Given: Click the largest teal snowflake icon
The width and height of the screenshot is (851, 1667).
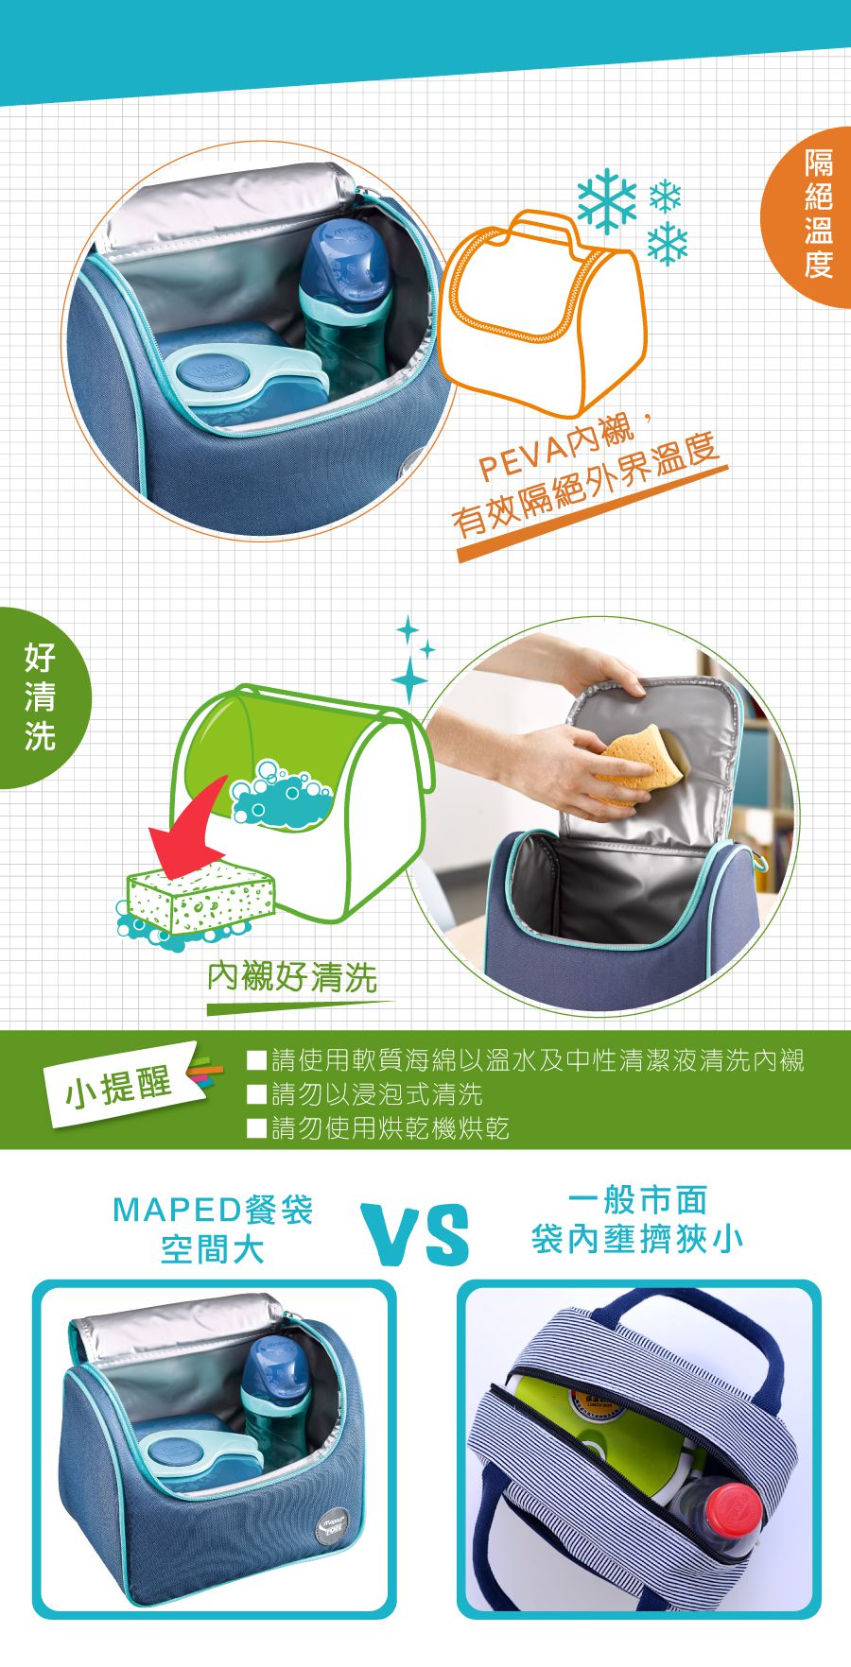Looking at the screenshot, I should [x=607, y=200].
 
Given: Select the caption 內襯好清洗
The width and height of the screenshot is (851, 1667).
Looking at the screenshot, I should [x=292, y=977].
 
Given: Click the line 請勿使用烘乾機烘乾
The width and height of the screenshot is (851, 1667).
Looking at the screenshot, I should [x=390, y=1127].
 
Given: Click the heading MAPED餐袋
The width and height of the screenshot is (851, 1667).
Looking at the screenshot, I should [x=213, y=1210].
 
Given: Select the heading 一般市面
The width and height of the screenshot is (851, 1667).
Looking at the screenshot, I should [x=637, y=1200].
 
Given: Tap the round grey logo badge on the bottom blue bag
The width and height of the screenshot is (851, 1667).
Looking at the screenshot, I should [x=335, y=1524].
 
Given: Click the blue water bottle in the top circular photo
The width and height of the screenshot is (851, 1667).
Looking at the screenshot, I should [x=345, y=293].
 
